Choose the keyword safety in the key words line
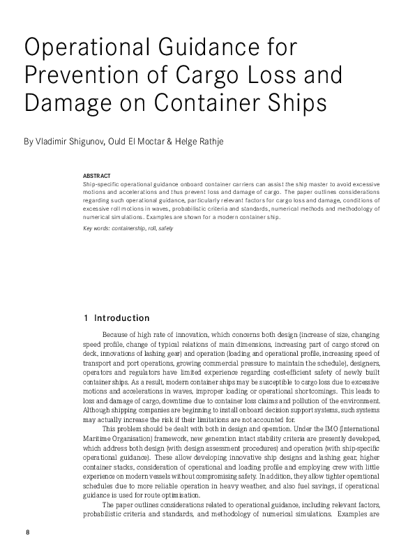[x=166, y=228]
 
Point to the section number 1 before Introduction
[x=85, y=318]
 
